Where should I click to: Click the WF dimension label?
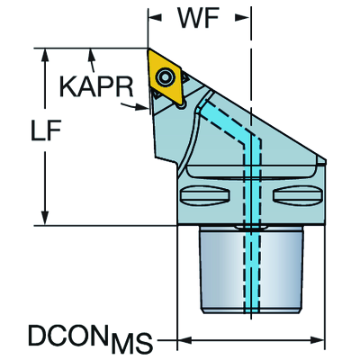(198, 18)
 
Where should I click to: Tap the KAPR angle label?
(96, 86)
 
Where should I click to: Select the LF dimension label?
(46, 130)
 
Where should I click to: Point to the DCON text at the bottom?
(67, 335)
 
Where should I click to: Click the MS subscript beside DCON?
(130, 342)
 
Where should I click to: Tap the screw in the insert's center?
(165, 76)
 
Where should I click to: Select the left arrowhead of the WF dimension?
(155, 18)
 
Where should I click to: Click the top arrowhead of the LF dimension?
(45, 55)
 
